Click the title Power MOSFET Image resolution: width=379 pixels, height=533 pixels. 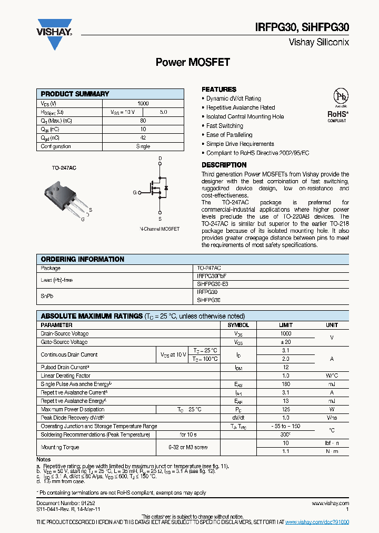193,62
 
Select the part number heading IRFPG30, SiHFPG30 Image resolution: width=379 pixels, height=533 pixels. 303,28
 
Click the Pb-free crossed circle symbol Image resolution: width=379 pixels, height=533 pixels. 341,97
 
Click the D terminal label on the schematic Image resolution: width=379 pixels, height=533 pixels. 160,159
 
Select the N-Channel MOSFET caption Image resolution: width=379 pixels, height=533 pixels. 159,229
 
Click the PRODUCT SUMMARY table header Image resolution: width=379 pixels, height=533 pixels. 75,94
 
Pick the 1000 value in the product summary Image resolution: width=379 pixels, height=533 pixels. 143,104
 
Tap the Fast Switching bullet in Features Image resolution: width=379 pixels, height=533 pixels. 224,126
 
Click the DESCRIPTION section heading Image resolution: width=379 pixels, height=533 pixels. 224,165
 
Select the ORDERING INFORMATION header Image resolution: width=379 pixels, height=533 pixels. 83,259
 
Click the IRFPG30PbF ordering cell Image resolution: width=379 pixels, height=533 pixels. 211,276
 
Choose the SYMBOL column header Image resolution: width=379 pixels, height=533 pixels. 238,325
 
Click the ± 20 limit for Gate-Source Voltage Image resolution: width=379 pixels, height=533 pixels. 285,342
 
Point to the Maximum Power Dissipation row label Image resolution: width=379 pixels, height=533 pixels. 73,409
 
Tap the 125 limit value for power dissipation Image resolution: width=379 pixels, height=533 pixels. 285,409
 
